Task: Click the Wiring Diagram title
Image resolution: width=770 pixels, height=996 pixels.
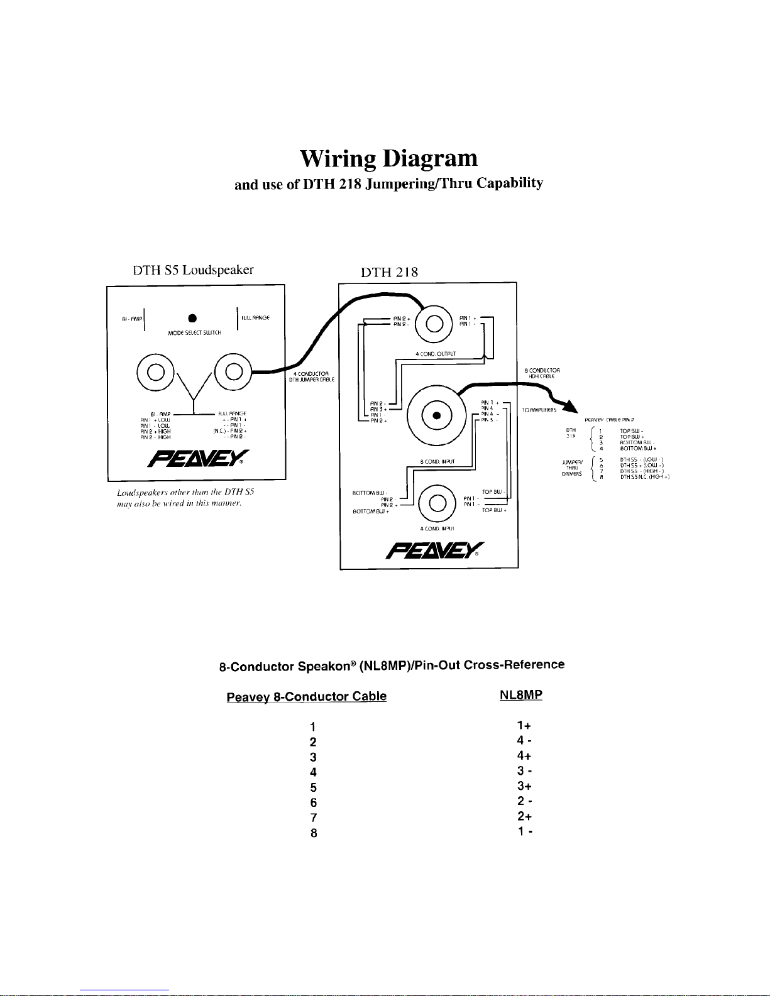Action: click(x=388, y=158)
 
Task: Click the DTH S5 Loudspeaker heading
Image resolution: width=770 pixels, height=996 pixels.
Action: click(x=193, y=270)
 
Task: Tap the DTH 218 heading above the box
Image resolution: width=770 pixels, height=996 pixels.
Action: click(x=389, y=272)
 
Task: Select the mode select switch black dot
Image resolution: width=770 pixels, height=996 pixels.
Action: click(x=193, y=317)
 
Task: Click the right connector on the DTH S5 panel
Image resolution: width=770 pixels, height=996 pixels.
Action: click(x=233, y=371)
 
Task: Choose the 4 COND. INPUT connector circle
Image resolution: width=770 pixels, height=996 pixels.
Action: click(x=436, y=501)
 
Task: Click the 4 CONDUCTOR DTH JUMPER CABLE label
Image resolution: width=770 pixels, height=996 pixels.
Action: click(x=312, y=377)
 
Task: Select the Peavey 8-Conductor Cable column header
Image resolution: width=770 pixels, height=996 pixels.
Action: click(x=306, y=696)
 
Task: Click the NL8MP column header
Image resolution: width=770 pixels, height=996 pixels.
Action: click(x=521, y=695)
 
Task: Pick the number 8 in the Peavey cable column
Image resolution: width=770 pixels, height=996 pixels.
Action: click(x=313, y=833)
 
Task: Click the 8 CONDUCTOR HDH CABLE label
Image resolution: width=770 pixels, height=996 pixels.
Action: click(x=542, y=373)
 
